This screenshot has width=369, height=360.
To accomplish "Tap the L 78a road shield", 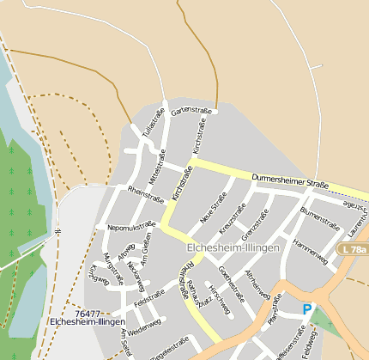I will point(352,249).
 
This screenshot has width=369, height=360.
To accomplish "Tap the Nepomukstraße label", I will point(131,227).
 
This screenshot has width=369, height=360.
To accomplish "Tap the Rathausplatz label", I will point(195,293).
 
